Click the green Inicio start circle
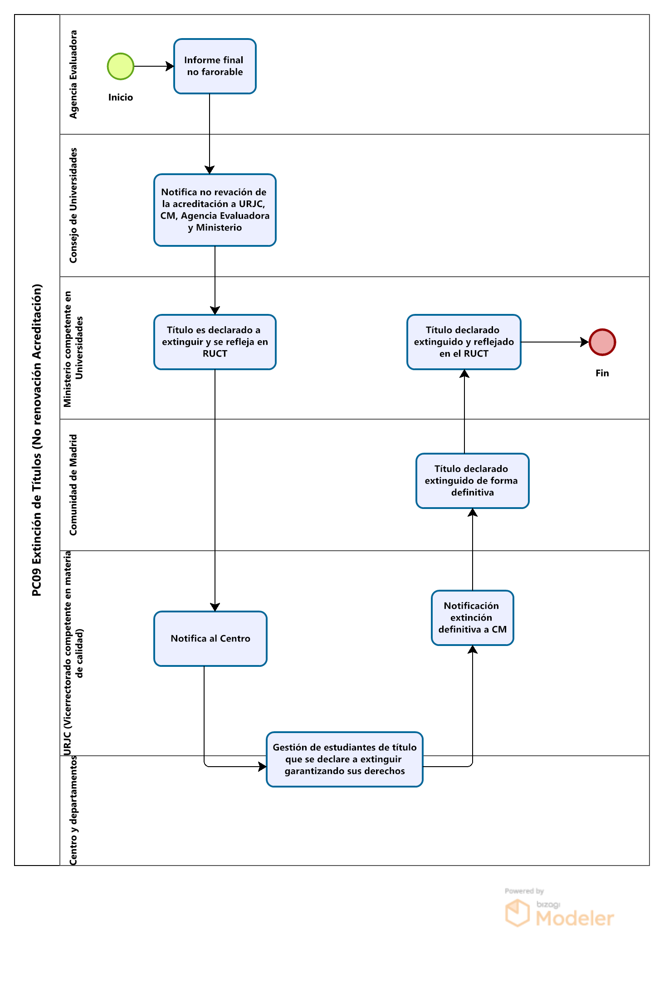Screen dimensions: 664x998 121,66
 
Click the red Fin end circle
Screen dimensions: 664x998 602,342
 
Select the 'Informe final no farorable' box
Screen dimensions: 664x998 215,66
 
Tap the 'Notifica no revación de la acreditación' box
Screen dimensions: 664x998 215,210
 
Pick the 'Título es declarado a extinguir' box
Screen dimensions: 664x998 215,342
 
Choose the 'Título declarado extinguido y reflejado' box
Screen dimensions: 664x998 464,342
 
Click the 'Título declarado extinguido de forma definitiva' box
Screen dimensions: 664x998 473,481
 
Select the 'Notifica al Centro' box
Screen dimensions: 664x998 210,639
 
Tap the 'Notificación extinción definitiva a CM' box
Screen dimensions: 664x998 473,618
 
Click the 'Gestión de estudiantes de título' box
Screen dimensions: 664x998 345,759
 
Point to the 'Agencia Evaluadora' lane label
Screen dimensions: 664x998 73,74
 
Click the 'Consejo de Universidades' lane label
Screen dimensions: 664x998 73,205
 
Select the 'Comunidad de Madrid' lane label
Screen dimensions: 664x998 73,485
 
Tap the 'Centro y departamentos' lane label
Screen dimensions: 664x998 73,811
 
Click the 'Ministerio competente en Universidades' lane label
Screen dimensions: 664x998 73,348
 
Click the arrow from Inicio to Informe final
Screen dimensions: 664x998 154,66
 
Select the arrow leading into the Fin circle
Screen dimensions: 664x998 555,342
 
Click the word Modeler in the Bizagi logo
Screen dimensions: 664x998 575,918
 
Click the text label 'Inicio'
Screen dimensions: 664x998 121,98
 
